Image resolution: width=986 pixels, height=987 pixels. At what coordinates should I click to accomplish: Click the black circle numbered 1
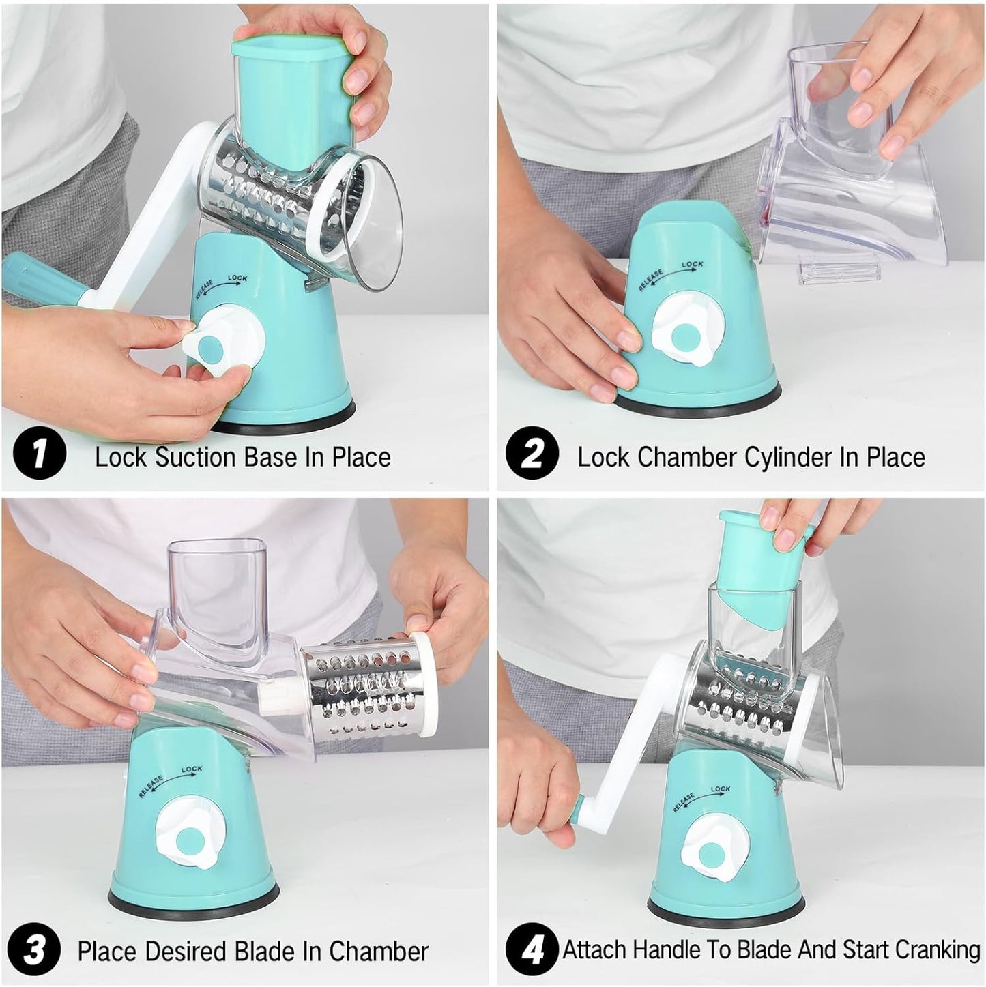[40, 453]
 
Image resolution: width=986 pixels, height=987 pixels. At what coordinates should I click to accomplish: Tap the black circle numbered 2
[532, 453]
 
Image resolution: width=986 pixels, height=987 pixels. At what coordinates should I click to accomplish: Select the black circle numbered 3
[34, 937]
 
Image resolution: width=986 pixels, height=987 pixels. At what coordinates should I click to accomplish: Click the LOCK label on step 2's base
[692, 264]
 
